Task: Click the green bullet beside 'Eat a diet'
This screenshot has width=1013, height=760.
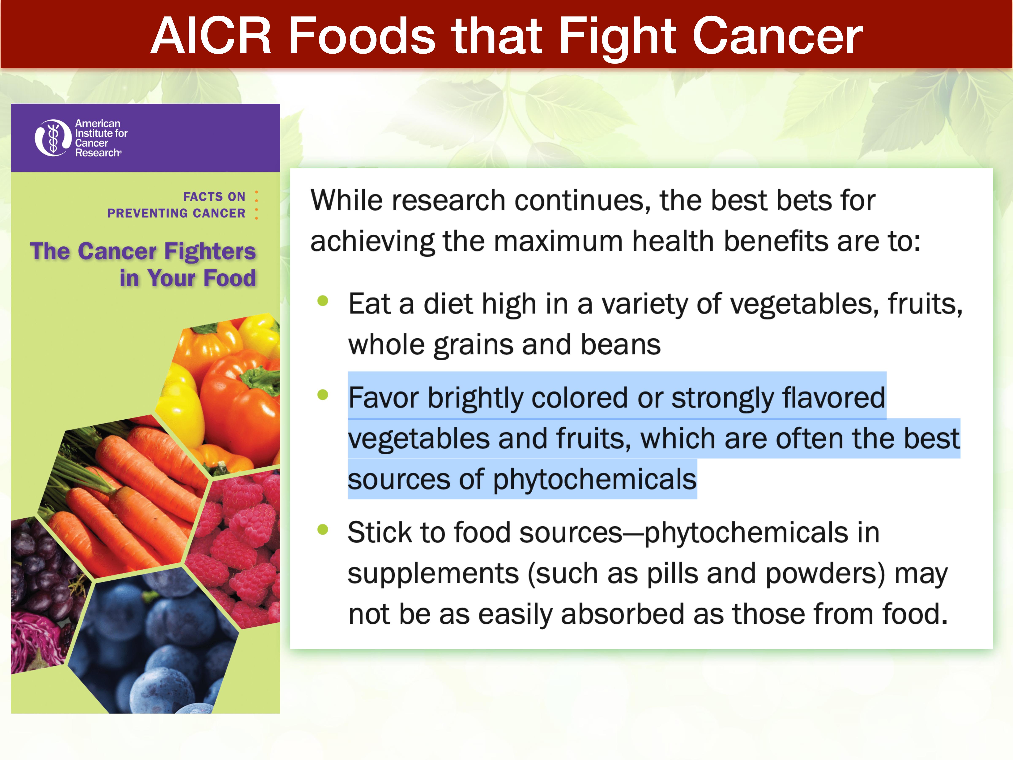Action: [x=323, y=301]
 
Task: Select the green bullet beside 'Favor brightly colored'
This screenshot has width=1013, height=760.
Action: [x=323, y=394]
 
